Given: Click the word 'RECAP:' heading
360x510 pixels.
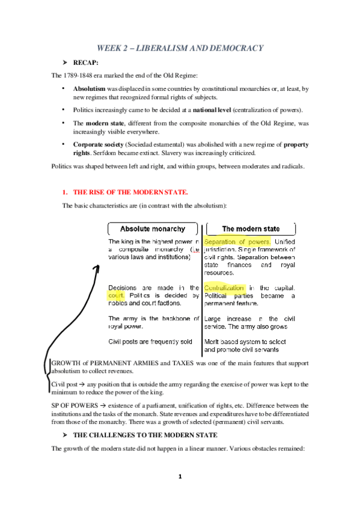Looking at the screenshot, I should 87,63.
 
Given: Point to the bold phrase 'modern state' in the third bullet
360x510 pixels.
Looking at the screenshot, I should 105,123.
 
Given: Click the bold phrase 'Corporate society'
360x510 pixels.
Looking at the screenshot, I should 100,145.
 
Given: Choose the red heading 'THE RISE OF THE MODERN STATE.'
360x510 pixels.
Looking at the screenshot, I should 130,192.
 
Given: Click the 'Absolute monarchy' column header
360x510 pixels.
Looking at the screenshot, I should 153,229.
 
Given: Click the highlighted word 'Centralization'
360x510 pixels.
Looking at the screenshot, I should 224,288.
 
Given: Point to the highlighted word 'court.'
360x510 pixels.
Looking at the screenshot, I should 115,296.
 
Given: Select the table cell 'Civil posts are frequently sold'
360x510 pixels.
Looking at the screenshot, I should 150,342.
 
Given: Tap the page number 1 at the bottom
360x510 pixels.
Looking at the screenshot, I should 180,477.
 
